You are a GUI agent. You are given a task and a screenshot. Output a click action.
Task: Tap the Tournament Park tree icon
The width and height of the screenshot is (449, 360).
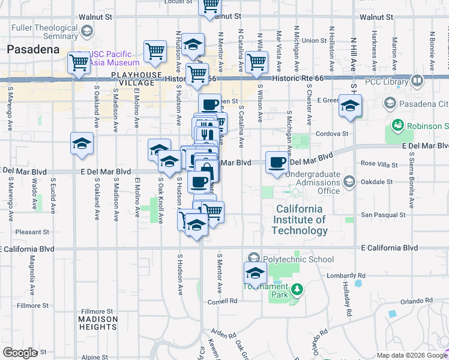pos(296,291)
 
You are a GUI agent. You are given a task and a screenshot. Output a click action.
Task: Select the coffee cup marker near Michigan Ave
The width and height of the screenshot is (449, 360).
pos(277,162)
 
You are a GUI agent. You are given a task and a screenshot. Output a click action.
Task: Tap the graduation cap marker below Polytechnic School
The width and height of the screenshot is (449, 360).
pos(255,272)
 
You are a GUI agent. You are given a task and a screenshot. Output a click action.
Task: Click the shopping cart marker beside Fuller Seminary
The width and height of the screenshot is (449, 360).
pos(79,62)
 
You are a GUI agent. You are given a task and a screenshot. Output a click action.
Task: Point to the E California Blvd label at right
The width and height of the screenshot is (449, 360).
pos(389,248)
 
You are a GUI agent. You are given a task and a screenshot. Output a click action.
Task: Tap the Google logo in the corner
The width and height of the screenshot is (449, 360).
pos(20,353)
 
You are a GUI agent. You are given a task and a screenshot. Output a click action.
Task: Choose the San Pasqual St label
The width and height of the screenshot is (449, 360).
pos(383,214)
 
